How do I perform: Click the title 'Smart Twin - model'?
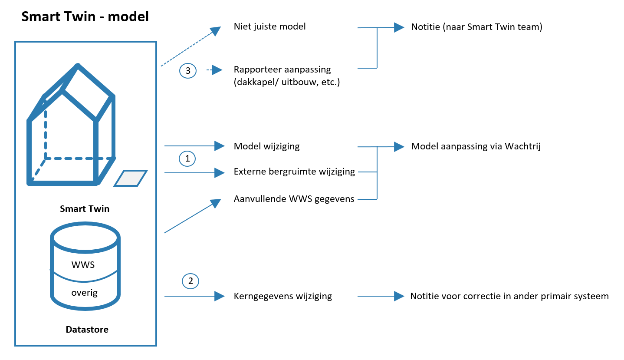coord(85,17)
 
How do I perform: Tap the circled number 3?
coord(188,71)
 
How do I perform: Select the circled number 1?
coord(188,159)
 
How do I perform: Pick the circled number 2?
coord(190,281)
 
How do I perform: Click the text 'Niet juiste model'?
coord(269,27)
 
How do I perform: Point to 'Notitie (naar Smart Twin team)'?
coord(476,27)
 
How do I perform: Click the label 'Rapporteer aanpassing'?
coord(282,69)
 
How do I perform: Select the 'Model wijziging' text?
coord(266,146)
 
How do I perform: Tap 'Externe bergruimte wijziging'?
coord(294,172)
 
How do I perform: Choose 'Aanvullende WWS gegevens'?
coord(294,199)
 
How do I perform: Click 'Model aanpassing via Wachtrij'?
coord(476,146)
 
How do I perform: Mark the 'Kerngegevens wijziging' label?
coord(282,296)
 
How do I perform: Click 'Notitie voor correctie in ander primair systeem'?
coord(509,296)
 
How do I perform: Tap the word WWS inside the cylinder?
coord(83,265)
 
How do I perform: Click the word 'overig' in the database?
coord(84,292)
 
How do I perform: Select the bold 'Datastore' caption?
coord(87,330)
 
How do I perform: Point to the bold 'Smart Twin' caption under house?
coord(85,209)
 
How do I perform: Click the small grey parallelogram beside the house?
coord(131,178)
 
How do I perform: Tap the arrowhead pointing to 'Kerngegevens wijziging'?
coord(220,296)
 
